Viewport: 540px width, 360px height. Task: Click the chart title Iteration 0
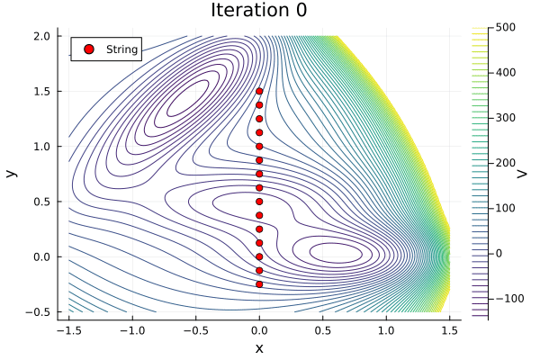coord(259,11)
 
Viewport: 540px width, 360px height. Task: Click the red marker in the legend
coord(88,49)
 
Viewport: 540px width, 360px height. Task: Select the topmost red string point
coord(259,91)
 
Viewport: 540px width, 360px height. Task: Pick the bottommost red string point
coord(259,284)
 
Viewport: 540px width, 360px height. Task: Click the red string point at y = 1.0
coord(259,146)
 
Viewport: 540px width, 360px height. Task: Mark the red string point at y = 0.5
coord(259,202)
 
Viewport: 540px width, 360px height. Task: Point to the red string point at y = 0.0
coord(259,256)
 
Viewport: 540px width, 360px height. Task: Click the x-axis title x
coord(259,348)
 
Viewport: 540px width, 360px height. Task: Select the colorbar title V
coord(522,173)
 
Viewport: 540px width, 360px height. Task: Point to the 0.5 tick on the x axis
coord(323,330)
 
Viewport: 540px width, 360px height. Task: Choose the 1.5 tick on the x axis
coord(449,330)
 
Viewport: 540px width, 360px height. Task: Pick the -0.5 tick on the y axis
coord(40,311)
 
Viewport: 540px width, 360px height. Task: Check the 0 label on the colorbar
coord(497,253)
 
